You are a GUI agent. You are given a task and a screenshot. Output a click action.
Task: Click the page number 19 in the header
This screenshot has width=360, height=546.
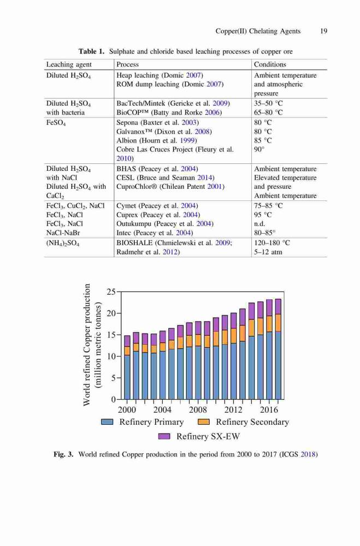tap(323, 31)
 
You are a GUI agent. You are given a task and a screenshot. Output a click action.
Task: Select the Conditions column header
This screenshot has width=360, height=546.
tap(270, 64)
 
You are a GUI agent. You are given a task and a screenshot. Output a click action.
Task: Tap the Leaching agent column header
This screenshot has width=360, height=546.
tap(69, 65)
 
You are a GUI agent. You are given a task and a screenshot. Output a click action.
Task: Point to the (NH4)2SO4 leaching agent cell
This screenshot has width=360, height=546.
tap(63, 243)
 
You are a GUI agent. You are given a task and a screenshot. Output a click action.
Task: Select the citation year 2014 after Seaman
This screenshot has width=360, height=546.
tap(205, 177)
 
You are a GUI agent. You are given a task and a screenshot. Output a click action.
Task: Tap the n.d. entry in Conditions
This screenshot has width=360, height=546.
tap(259, 223)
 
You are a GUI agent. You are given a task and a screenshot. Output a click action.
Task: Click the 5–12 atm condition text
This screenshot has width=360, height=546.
tap(268, 252)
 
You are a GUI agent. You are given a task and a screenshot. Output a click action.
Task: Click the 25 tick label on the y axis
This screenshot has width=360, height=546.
tap(111, 292)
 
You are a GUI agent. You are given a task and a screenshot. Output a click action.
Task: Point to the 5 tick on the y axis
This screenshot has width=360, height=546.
tap(113, 378)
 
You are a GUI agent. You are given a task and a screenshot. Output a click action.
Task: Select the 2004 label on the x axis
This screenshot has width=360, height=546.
tap(162, 410)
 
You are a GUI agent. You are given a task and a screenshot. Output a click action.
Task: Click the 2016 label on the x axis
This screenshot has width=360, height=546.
tap(269, 410)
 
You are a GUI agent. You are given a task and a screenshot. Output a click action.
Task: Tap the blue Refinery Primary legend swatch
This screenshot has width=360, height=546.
tap(107, 422)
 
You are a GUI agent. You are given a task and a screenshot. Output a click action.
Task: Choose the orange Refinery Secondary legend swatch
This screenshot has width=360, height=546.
tap(204, 422)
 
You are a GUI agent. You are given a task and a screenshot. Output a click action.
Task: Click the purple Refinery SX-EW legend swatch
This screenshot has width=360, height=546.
tap(164, 436)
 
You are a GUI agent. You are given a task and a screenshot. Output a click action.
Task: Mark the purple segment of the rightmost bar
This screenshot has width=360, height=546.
tap(278, 306)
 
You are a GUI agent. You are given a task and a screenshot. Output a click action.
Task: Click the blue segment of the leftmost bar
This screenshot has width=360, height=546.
tap(127, 377)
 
